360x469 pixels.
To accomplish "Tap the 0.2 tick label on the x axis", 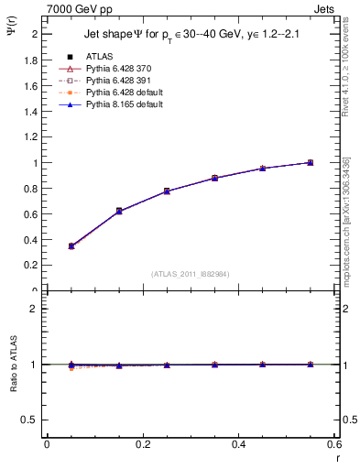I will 142,445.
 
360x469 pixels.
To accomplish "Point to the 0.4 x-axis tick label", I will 238,445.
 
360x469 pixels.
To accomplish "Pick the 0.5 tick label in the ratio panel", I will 30,420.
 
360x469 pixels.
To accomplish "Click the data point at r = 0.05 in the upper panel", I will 71,245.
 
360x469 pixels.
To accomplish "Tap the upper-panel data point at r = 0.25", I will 166,191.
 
